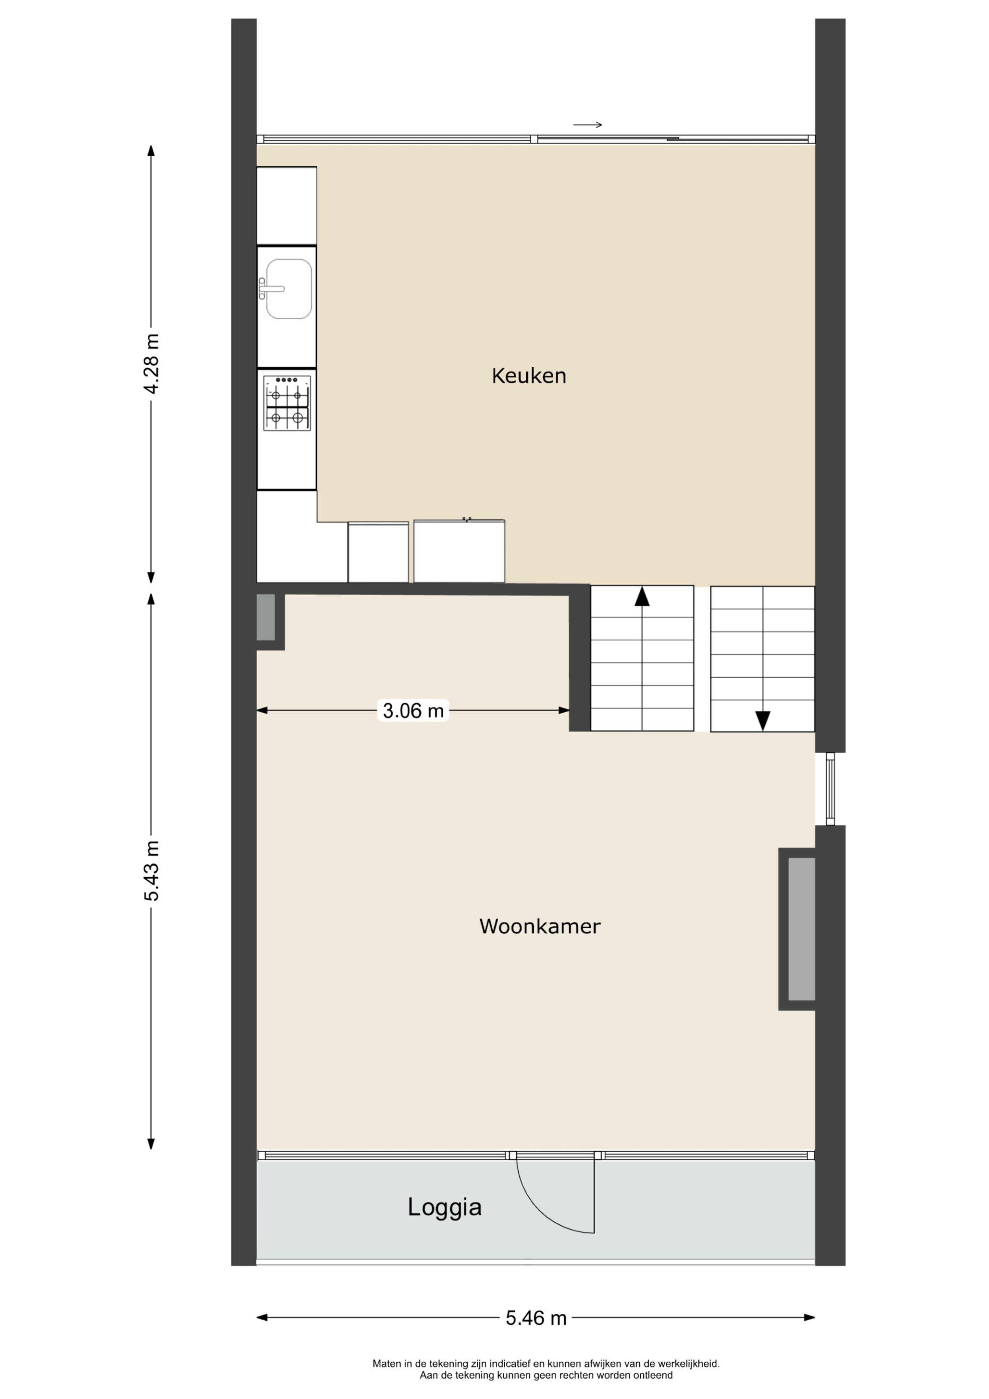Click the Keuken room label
click(x=529, y=376)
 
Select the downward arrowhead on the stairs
click(x=763, y=721)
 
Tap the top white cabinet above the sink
click(x=286, y=206)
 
